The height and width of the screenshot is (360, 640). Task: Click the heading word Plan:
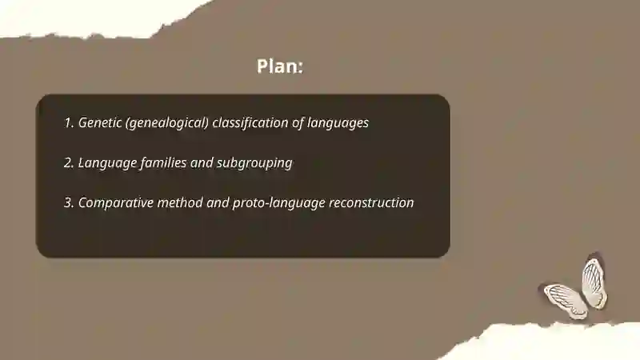280,66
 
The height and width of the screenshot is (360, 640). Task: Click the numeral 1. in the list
69,123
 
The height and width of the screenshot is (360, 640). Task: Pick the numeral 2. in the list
69,162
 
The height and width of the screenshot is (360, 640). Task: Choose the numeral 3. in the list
69,202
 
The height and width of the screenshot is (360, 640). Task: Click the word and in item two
203,162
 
